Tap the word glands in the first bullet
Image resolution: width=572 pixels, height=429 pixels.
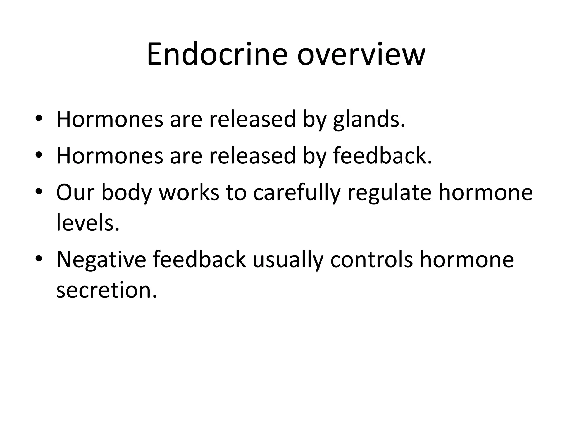point(369,120)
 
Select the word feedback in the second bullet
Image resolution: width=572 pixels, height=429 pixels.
point(382,156)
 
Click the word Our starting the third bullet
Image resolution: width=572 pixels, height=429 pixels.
point(75,192)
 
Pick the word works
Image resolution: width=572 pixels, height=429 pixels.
point(189,192)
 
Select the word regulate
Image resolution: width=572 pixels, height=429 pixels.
point(389,192)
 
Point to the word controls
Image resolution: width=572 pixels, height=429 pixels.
point(371,260)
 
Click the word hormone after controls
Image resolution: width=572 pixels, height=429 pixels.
point(467,260)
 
